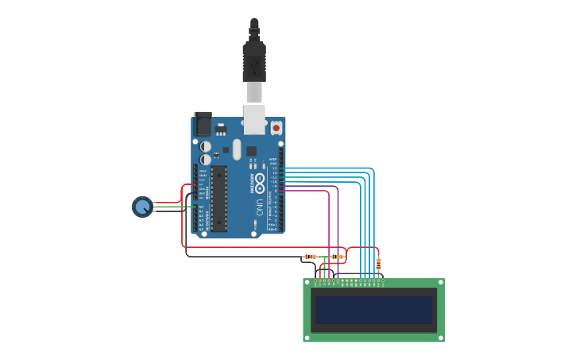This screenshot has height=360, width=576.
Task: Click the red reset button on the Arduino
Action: point(276,127)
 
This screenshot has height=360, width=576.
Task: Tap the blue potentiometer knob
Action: point(142,207)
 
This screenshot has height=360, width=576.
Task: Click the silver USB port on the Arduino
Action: point(254,119)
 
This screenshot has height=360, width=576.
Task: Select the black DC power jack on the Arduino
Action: point(203,124)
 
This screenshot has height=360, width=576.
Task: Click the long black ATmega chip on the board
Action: point(218,198)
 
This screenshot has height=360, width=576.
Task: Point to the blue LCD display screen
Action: point(373,310)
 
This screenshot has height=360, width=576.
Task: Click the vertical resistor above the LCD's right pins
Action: point(378,262)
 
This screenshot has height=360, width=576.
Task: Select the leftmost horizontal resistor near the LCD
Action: point(310,257)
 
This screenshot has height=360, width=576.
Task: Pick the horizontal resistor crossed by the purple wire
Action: point(337,257)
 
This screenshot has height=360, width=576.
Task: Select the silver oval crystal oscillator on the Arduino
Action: point(237,149)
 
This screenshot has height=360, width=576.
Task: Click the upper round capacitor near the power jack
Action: point(205,146)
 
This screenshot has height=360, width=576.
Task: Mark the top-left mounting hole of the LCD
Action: point(307,283)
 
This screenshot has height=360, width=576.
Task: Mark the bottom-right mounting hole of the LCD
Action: point(440,338)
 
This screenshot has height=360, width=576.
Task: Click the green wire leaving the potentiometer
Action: point(171,207)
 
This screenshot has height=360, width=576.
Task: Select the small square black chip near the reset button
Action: point(251,150)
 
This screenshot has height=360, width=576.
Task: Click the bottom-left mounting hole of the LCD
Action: point(307,338)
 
